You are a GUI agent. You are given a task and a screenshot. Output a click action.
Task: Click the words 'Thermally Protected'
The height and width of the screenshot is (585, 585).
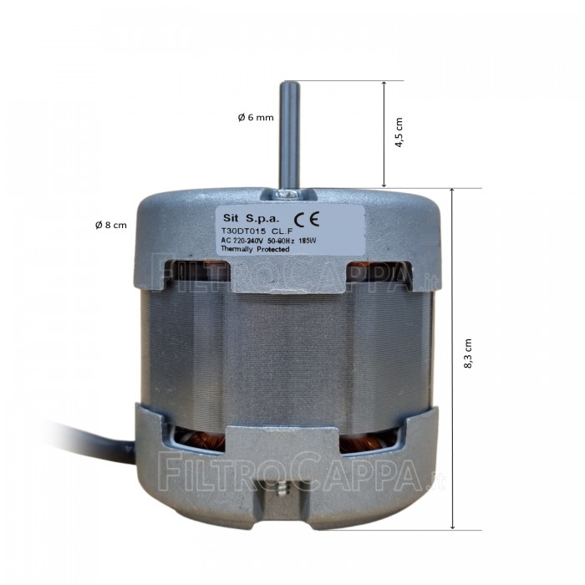[256, 250]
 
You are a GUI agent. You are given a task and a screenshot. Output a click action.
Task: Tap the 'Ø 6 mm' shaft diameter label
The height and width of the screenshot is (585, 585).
[255, 117]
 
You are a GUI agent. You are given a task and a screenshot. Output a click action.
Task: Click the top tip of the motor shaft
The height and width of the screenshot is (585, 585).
[288, 84]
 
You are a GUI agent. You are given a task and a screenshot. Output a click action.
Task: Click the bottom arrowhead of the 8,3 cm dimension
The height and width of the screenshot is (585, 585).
[452, 526]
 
